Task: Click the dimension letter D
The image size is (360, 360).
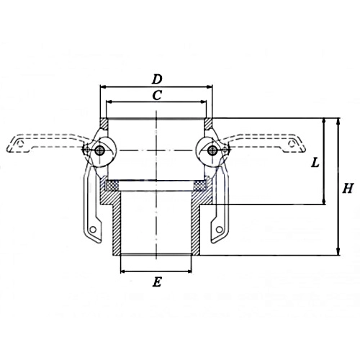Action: tap(157, 77)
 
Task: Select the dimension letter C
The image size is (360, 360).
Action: tap(157, 95)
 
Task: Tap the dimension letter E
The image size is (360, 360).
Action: tap(156, 282)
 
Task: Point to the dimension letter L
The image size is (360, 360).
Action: tap(315, 163)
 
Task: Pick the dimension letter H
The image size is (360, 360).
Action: tap(348, 188)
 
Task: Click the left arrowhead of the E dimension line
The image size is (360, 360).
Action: tap(122, 271)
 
